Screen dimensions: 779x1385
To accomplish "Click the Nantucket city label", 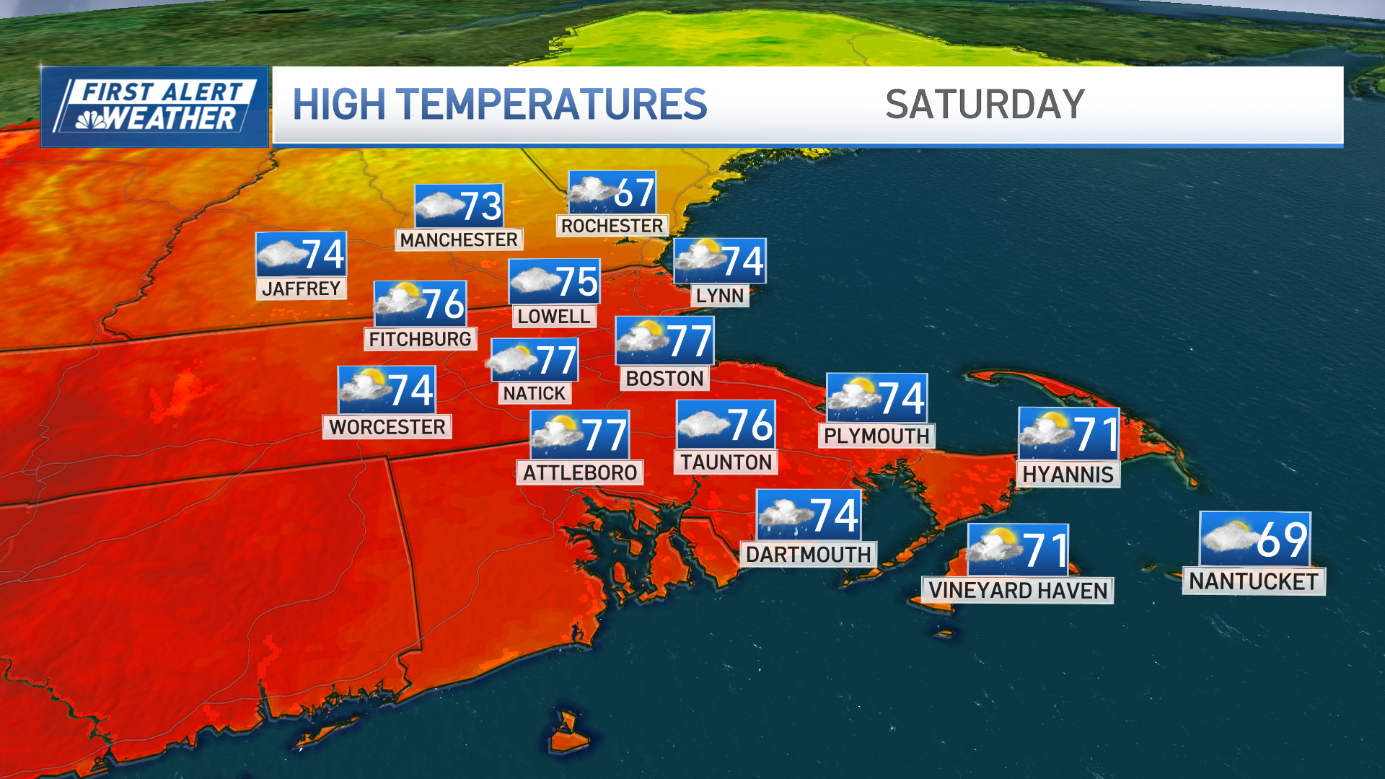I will tap(1253, 581).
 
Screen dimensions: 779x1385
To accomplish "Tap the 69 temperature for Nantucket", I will tap(1281, 540).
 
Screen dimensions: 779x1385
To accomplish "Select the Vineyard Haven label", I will tap(1017, 591).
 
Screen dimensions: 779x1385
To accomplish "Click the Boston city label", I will tap(664, 379).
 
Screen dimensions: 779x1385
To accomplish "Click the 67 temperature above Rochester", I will tap(635, 193).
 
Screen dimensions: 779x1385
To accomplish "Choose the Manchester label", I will tap(459, 239).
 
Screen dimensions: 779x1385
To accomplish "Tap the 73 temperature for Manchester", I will tap(480, 206).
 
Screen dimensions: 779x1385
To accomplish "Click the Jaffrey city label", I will tap(301, 289).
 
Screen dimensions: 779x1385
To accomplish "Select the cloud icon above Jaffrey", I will tap(281, 254).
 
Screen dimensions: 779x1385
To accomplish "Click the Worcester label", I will tap(387, 427).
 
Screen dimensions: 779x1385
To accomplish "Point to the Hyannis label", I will tap(1068, 475).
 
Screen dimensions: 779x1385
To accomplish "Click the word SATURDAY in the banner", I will tap(985, 105).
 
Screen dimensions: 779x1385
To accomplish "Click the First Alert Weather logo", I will tap(154, 107).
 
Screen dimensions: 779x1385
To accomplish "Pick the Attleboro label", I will tap(580, 473).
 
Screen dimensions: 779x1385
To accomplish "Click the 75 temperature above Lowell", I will tap(576, 281).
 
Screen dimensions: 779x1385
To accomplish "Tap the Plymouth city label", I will tap(876, 436).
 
